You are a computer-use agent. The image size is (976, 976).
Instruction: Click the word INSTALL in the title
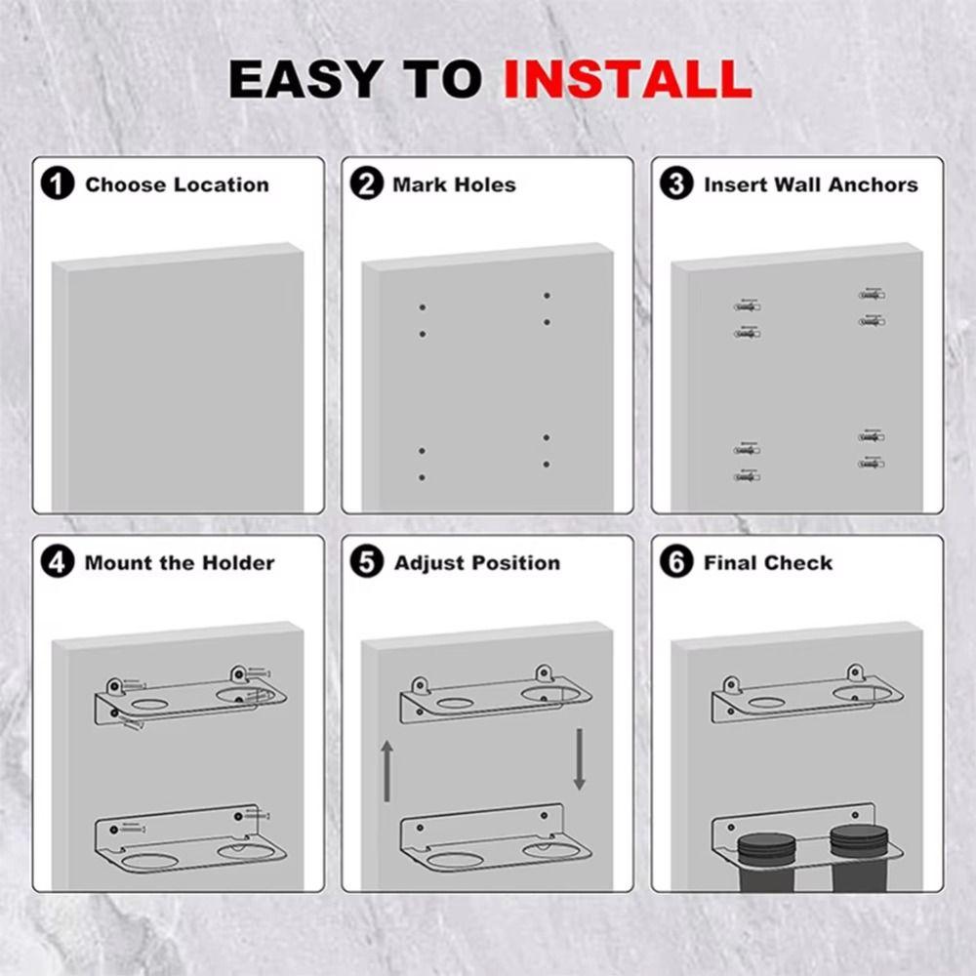tap(628, 78)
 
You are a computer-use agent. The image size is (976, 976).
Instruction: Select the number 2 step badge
tap(367, 184)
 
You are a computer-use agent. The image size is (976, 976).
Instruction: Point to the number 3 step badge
tap(676, 184)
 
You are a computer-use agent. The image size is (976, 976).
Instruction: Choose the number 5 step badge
tap(367, 563)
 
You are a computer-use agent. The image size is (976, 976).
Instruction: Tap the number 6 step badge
tap(676, 563)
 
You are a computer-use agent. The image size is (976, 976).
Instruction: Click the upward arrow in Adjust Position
tap(387, 770)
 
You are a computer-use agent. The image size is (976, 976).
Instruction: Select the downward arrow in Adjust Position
tap(579, 758)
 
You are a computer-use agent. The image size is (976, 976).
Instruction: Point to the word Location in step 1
tap(222, 184)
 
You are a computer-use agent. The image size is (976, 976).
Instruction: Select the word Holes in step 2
tap(485, 184)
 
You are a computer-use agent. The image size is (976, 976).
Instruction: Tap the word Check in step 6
tap(799, 563)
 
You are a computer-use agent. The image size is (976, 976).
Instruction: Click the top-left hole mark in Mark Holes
tap(423, 307)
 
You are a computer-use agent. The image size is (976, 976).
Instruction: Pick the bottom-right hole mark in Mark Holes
tap(547, 465)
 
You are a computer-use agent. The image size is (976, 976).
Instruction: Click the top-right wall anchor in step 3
tap(872, 294)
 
